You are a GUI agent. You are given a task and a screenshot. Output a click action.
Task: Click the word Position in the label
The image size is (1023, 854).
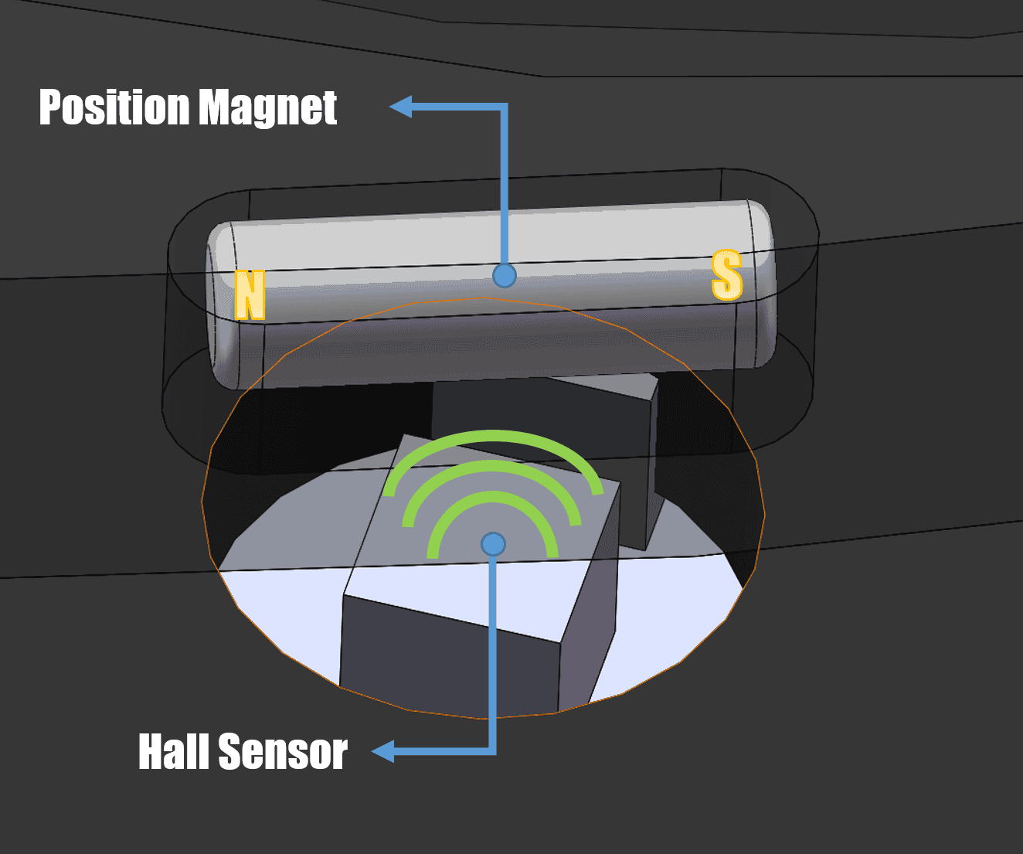point(114,107)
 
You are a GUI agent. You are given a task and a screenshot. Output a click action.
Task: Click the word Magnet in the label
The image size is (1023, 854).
point(268,108)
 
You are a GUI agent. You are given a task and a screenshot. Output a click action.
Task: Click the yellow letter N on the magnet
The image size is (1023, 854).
point(250,294)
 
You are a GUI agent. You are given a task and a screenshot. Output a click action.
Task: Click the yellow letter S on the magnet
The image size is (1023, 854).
point(727,274)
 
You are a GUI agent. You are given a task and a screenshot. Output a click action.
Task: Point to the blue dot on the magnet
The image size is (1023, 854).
point(504,275)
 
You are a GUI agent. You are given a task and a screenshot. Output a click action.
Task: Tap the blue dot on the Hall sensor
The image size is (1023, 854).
point(494,544)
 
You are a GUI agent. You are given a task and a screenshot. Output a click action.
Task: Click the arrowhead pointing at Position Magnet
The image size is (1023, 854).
point(401,107)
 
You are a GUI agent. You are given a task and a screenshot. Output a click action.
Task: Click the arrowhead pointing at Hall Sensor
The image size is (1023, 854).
point(383,751)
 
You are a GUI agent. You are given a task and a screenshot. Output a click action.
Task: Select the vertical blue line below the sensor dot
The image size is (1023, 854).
point(493,652)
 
